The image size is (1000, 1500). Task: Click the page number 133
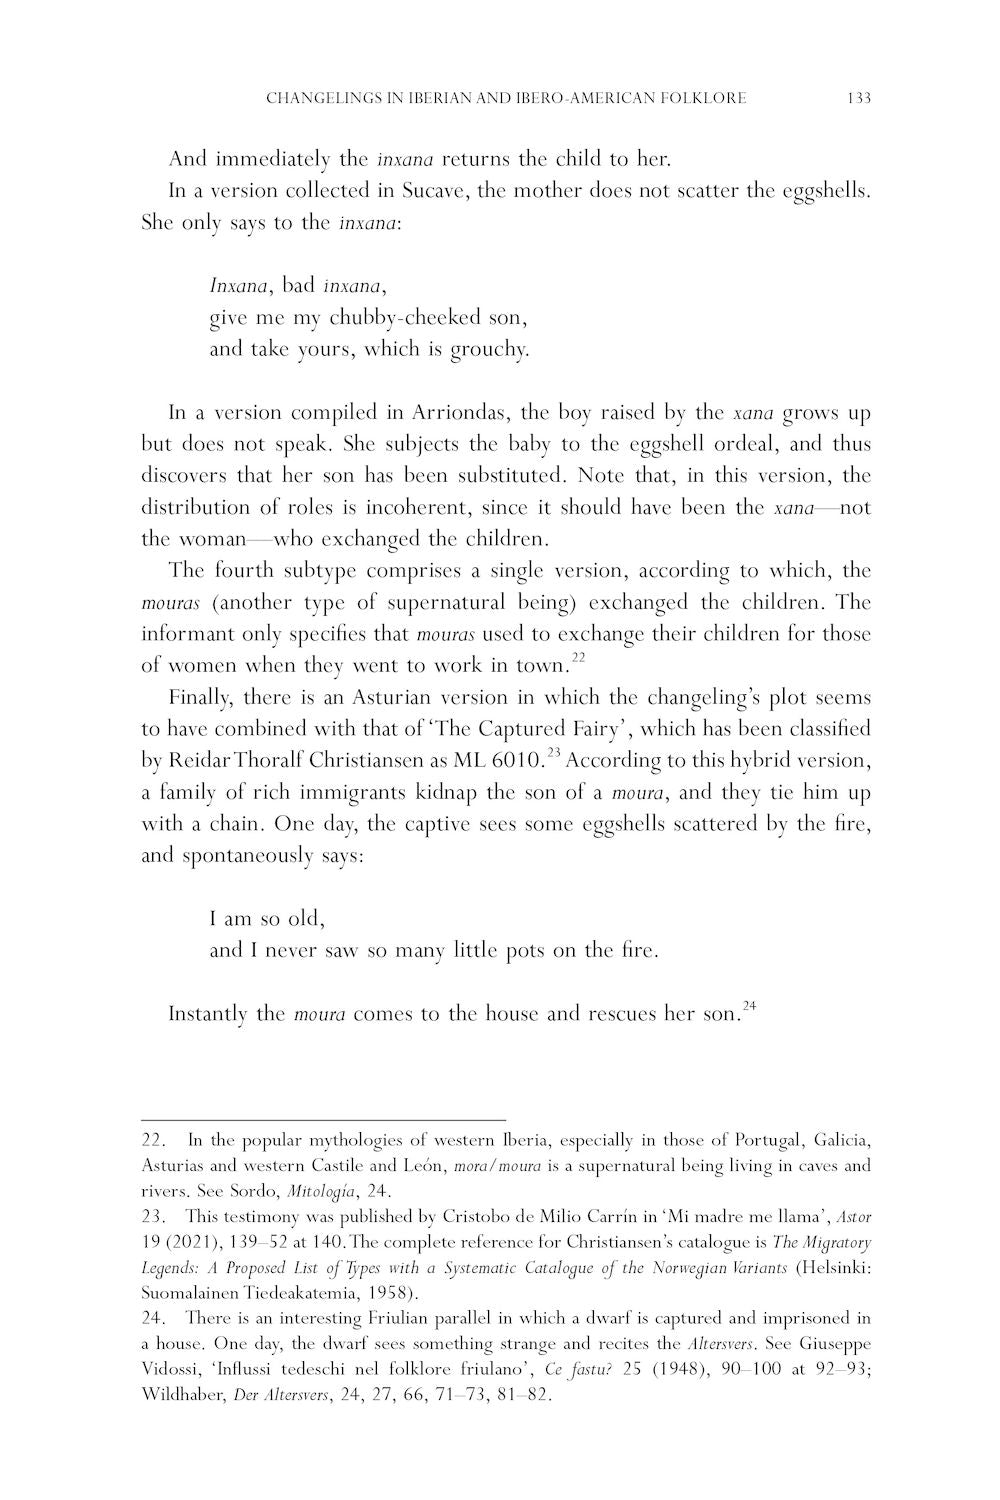(x=858, y=98)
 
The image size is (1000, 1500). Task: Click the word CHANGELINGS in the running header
(x=321, y=98)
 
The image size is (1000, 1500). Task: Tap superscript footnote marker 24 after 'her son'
(x=748, y=1006)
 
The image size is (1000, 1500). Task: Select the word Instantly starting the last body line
(x=208, y=1014)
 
